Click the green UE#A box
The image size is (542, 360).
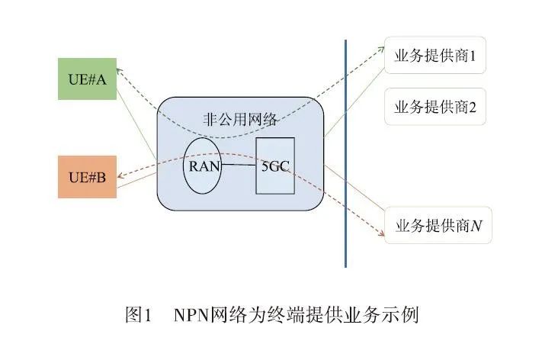88,78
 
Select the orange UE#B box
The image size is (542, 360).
88,177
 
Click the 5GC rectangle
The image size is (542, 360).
274,165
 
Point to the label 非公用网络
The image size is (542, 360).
240,120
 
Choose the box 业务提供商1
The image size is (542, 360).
435,56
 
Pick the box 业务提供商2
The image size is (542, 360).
435,107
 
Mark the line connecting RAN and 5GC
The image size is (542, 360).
239,165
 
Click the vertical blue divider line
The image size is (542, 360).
345,153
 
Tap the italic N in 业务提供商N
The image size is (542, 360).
476,226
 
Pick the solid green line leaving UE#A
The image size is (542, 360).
137,122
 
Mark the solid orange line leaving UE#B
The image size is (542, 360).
137,172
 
